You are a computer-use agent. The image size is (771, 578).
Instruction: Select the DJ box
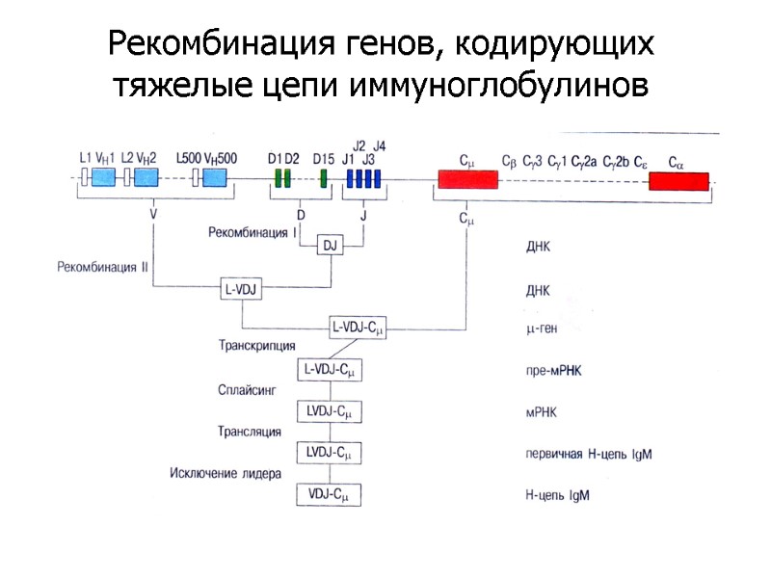(331, 247)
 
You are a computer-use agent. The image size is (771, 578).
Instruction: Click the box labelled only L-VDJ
(242, 287)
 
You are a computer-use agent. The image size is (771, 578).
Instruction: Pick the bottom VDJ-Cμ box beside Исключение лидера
(329, 495)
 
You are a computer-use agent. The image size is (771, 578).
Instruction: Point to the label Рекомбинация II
(102, 267)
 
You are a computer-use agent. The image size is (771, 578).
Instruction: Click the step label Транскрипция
(257, 345)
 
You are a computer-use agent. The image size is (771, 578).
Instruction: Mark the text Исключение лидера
(226, 473)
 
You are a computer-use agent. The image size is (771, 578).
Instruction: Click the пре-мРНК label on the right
(554, 370)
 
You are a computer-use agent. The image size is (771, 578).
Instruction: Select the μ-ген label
(542, 329)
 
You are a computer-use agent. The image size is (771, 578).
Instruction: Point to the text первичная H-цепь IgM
(589, 453)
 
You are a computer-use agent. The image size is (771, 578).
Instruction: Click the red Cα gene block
(678, 181)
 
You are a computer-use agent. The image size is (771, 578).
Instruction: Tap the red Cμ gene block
(467, 179)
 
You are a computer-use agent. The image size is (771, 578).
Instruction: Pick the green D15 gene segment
(323, 178)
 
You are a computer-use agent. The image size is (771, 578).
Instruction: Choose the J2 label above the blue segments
(359, 145)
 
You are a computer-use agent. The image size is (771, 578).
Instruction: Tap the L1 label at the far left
(85, 157)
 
